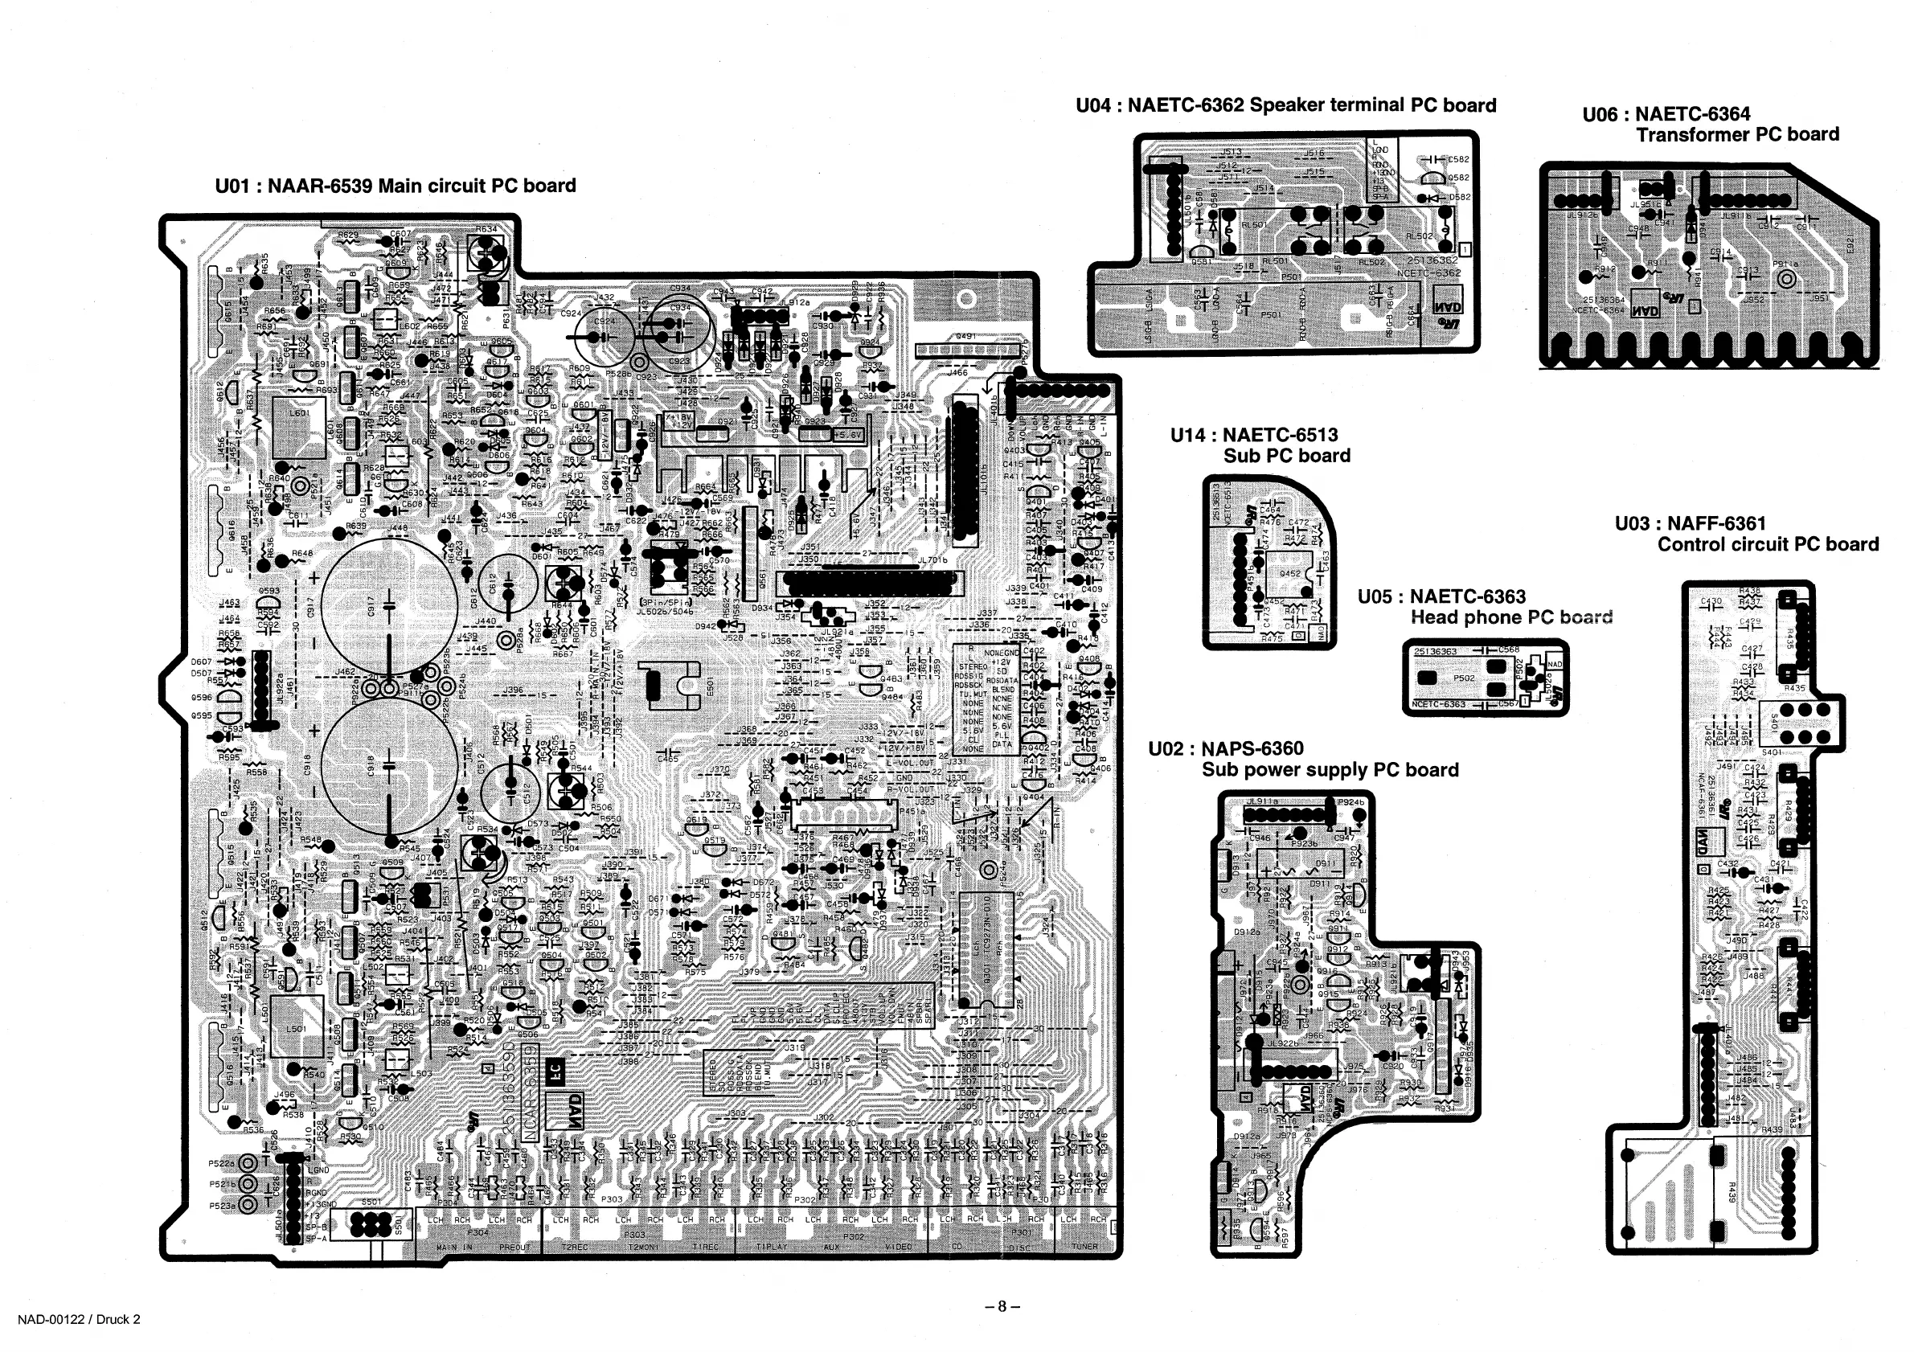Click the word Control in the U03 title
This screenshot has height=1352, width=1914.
[x=1692, y=545]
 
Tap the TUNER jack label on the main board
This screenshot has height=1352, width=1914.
[x=1084, y=1247]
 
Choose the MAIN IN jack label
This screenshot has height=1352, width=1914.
[x=455, y=1248]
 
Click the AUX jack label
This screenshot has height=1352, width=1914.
[x=831, y=1247]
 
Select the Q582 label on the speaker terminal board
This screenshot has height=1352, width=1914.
[x=1459, y=178]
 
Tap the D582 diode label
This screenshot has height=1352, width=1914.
[x=1460, y=198]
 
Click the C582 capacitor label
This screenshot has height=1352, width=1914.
[x=1459, y=159]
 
